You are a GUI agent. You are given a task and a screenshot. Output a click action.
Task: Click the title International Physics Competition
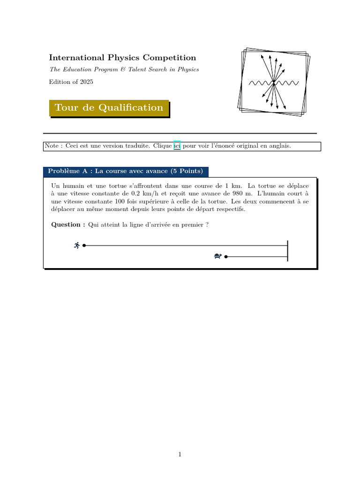tap(122, 58)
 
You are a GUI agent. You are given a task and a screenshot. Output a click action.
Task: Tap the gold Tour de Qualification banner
tap(109, 108)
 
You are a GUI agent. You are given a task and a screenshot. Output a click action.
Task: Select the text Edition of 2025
tap(71, 82)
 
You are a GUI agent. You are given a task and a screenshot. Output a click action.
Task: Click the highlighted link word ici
tap(177, 146)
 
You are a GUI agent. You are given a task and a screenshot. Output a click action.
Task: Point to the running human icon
tap(77, 245)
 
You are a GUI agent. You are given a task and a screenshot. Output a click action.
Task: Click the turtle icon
tap(217, 256)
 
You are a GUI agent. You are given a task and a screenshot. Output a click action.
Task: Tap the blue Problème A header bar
tap(126, 171)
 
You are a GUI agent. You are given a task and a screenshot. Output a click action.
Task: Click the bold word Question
tap(66, 225)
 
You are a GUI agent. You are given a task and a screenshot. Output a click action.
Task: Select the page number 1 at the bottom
tap(180, 454)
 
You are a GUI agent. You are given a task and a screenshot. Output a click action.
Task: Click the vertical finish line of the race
tap(287, 250)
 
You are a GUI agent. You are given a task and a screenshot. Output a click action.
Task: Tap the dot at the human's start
tap(84, 245)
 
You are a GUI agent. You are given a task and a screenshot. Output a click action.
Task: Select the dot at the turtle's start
tap(226, 256)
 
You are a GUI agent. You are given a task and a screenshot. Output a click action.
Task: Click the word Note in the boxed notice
tap(51, 146)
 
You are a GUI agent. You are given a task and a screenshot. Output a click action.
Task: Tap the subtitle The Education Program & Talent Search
tap(124, 69)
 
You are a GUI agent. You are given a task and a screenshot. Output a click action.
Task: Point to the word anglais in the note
tap(280, 146)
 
